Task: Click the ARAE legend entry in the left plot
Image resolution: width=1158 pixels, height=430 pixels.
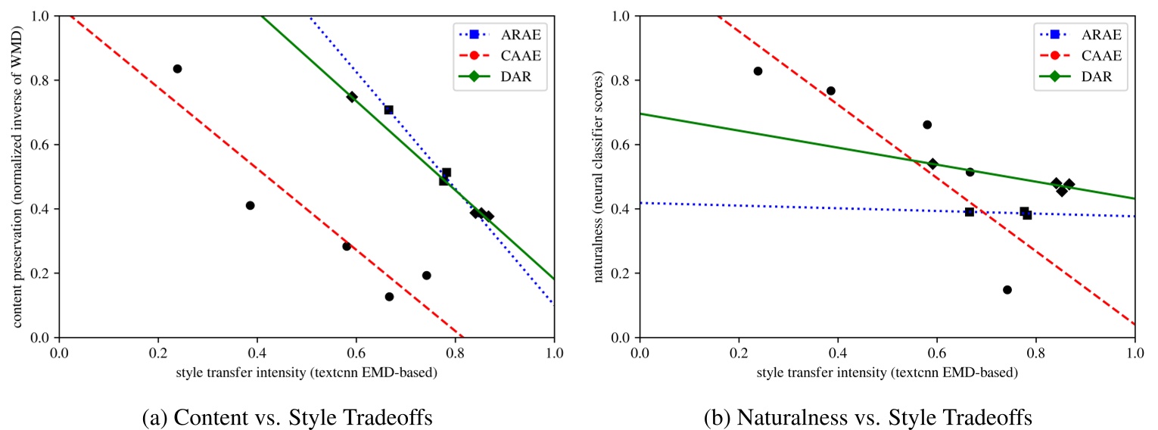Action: (x=500, y=34)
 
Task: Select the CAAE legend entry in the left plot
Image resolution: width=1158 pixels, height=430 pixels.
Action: (x=500, y=56)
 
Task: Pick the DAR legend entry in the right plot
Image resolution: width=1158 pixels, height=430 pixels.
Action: (x=1079, y=78)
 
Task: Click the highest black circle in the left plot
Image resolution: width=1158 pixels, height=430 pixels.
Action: (x=177, y=69)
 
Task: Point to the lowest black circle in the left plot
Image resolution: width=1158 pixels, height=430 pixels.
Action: (x=389, y=297)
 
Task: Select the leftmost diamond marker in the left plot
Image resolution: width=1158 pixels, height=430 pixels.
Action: (x=352, y=97)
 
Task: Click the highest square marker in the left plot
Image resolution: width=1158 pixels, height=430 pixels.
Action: (x=388, y=110)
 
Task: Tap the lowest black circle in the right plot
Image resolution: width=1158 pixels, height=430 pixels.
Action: (x=1007, y=290)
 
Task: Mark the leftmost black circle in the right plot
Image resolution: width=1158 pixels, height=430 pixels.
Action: (x=758, y=71)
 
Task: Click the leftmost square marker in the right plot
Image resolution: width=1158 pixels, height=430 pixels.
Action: (x=969, y=212)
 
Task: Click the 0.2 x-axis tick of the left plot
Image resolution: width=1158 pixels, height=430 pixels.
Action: (x=158, y=351)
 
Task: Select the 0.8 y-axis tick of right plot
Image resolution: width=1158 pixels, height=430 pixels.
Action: (x=622, y=80)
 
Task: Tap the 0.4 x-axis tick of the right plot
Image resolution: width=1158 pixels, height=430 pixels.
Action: (x=838, y=351)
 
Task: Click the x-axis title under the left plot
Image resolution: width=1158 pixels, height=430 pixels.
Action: (x=307, y=372)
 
